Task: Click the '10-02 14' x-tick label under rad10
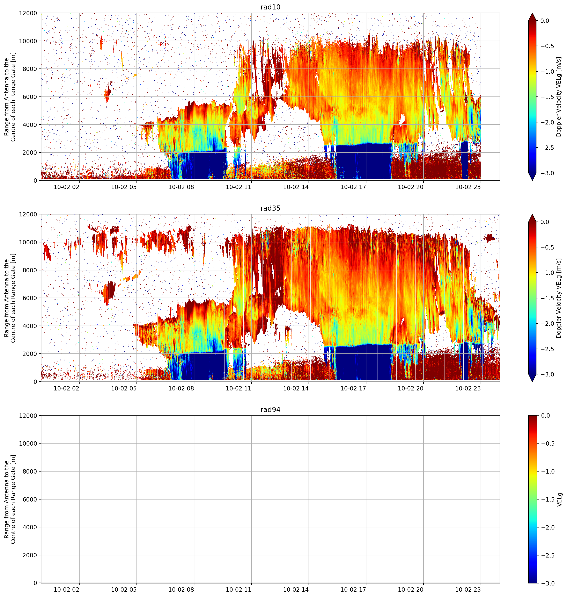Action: click(296, 187)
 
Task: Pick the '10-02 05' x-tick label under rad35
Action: click(124, 388)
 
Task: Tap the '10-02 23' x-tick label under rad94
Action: click(468, 590)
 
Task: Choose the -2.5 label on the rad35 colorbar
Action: click(547, 349)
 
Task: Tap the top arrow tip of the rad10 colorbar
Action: click(532, 13)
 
